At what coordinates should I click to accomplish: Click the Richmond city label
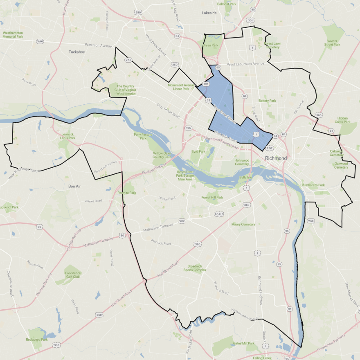pos(276,158)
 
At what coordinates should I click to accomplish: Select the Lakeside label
pos(209,13)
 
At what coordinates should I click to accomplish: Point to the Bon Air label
pos(76,186)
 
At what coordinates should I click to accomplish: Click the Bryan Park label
pos(211,45)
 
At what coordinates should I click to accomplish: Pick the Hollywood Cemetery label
pos(242,162)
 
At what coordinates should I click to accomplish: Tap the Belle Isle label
pos(246,178)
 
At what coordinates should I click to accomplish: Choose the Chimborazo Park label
pos(313,185)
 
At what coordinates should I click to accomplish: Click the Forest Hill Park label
pos(212,197)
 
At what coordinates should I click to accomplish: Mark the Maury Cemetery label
pos(243,224)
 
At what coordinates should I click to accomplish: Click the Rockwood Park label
pos(37,340)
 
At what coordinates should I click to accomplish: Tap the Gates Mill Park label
pos(243,343)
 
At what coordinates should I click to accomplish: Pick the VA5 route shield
pos(311,221)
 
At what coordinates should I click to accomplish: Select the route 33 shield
pos(209,100)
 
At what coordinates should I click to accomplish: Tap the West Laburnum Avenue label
pos(246,64)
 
